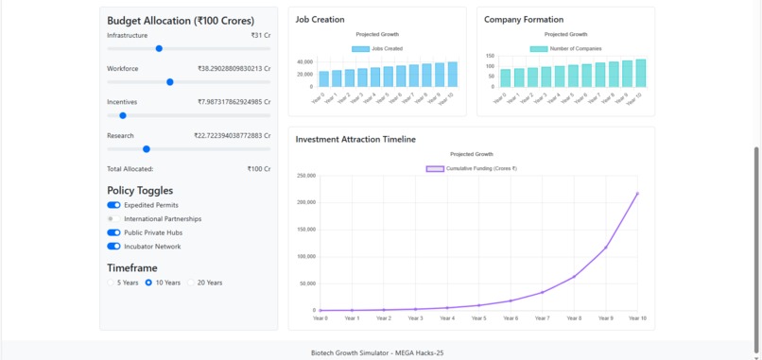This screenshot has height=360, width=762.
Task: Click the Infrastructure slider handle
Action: tap(159, 48)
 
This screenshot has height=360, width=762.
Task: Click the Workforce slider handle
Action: tap(170, 82)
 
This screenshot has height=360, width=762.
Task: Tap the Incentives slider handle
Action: tap(123, 115)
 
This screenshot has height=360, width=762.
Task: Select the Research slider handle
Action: tap(147, 148)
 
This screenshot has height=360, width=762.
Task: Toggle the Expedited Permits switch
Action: tap(113, 205)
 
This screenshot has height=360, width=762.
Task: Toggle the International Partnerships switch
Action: tap(113, 218)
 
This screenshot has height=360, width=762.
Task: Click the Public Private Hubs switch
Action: tap(113, 232)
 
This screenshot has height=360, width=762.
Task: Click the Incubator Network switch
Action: tap(113, 247)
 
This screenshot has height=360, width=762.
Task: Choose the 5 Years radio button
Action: tap(112, 283)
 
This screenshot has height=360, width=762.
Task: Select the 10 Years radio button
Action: tap(148, 283)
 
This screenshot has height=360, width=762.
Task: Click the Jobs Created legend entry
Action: tap(377, 48)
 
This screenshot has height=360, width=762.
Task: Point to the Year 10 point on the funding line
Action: tap(636, 194)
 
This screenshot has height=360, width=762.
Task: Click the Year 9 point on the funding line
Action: tap(605, 248)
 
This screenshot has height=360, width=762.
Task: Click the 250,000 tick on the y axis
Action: tap(305, 176)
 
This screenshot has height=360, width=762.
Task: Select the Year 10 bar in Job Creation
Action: tap(452, 75)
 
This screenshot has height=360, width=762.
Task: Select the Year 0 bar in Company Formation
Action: tap(506, 77)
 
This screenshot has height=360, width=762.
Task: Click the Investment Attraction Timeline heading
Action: tap(355, 139)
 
